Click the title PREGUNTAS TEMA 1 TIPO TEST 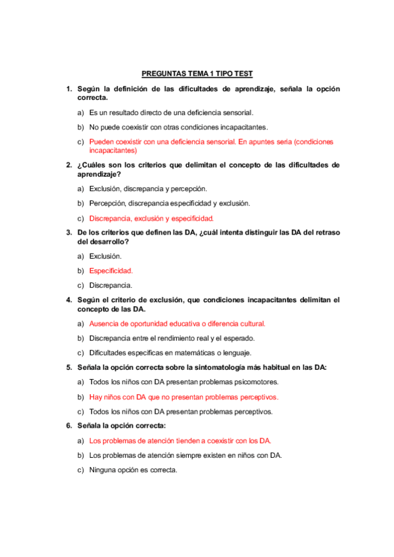(197, 74)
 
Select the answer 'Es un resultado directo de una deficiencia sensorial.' (171, 113)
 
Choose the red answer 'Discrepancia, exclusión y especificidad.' (151, 219)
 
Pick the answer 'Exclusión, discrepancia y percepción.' (148, 189)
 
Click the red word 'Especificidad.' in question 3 (111, 271)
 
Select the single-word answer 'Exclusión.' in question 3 (105, 256)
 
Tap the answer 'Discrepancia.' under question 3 (111, 285)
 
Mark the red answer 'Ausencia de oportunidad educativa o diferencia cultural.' (177, 324)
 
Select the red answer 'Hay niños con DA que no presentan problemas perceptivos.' (184, 397)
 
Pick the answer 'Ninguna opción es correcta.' (134, 470)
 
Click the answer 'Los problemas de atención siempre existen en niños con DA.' (185, 455)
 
